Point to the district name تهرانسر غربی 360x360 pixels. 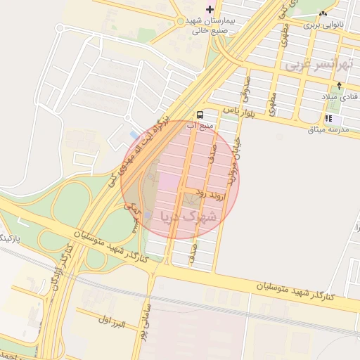click(318, 64)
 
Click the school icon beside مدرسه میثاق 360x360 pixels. click(329, 117)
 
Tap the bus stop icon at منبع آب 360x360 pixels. click(200, 115)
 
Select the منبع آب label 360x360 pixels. click(198, 126)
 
